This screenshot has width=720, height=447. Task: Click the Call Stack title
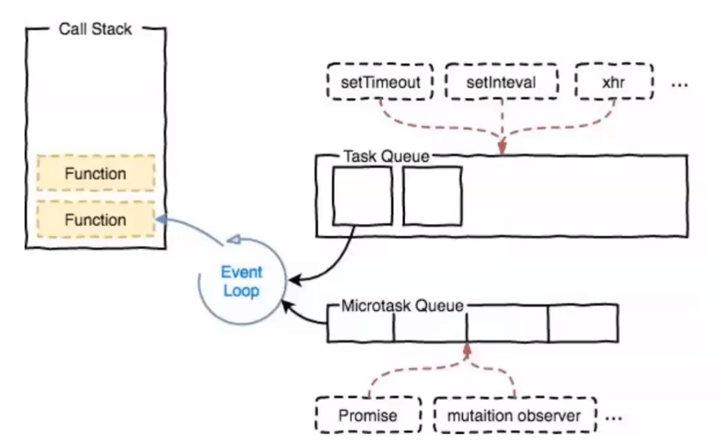pos(95,29)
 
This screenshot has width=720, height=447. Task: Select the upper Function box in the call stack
pos(96,174)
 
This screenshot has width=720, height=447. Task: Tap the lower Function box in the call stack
pos(96,220)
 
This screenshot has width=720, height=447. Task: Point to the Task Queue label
pos(385,157)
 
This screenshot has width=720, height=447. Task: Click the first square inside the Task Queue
pos(362,196)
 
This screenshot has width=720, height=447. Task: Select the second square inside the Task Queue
pos(432,196)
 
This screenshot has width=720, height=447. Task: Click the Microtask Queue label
pos(403,306)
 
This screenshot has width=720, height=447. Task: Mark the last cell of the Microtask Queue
pos(583,324)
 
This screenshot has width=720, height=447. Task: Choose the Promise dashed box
pos(368,416)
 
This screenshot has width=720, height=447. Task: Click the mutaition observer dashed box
pos(516,416)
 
